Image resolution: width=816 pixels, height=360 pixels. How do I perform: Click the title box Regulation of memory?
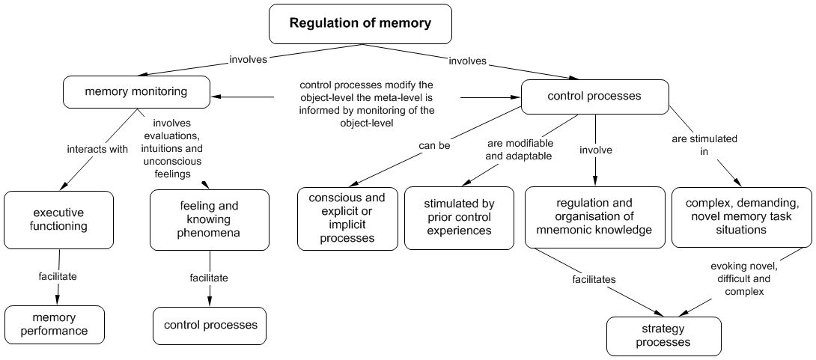pos(360,23)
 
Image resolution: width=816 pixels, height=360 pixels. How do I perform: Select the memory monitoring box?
pos(136,92)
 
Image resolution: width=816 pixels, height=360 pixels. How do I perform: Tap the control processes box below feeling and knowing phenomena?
pos(210,325)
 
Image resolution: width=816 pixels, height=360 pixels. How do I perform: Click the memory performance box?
pos(54,324)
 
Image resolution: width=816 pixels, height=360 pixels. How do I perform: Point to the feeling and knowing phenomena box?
pos(209,220)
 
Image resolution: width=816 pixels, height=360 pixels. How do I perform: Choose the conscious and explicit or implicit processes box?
pos(347,218)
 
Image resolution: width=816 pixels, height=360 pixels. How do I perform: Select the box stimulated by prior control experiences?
pos(459,218)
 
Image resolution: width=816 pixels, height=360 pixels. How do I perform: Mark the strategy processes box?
pos(663,335)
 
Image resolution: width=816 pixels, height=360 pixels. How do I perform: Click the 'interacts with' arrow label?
pos(97,149)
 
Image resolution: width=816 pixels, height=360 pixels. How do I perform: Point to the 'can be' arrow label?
pos(434,146)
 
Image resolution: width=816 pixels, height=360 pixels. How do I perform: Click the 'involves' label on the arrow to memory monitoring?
pos(248,60)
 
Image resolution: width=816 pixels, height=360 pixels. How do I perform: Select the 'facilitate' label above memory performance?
pos(58,276)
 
